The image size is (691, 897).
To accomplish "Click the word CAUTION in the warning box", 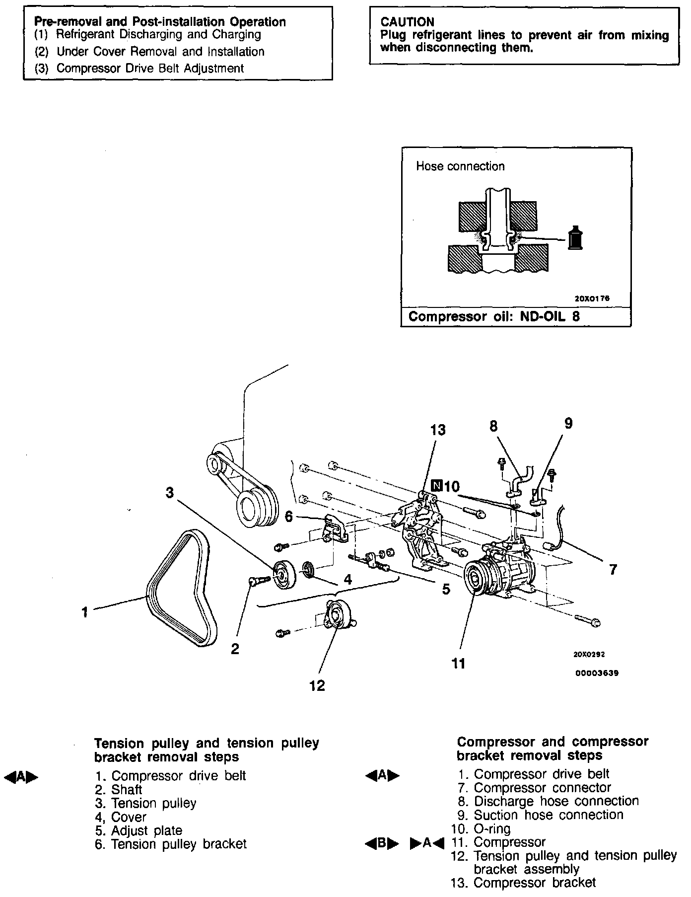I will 407,22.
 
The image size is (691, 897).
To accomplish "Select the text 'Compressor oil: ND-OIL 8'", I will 493,317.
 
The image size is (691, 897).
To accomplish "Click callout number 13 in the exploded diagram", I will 438,430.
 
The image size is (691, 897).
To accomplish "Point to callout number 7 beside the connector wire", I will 613,570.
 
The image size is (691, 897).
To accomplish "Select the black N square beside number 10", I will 436,485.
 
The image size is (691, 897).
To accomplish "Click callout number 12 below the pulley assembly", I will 317,686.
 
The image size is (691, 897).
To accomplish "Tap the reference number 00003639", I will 597,673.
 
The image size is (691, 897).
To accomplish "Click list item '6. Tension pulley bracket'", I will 170,844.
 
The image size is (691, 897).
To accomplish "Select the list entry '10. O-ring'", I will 481,828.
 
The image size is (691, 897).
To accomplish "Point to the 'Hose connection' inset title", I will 460,166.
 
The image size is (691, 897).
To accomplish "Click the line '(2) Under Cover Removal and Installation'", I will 149,52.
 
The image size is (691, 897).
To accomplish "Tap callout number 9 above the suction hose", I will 568,423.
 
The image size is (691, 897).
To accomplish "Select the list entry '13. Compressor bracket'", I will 523,883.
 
